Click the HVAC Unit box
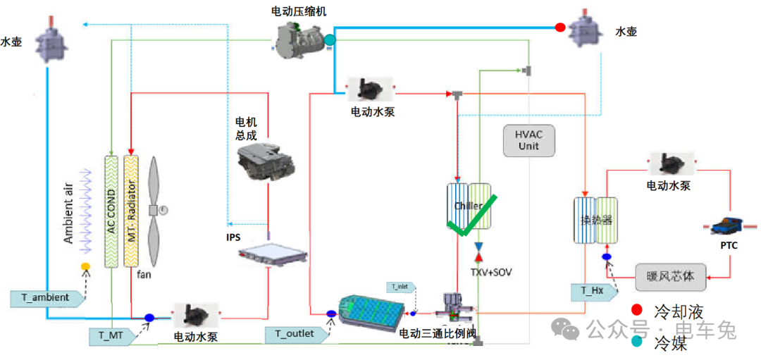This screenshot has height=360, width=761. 528,140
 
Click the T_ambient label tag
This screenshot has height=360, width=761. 45,297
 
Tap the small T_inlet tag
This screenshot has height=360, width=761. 401,287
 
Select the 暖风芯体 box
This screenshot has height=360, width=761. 669,275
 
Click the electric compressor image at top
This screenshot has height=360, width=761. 300,37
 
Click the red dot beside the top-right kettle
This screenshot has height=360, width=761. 560,28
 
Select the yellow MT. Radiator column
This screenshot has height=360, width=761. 132,211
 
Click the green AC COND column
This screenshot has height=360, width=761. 112,211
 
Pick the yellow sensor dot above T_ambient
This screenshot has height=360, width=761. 85,266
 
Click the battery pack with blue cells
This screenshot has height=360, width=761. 371,311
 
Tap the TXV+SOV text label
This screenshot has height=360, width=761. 490,272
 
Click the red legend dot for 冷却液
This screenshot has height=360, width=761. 637,310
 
